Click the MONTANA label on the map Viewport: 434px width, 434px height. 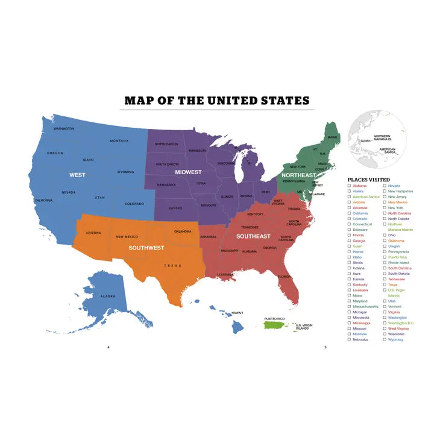tap(119, 141)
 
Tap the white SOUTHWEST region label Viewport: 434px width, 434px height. tap(146, 247)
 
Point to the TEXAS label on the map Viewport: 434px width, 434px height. tap(172, 265)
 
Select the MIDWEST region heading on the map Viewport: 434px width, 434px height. tap(188, 172)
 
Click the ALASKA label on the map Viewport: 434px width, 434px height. tap(107, 296)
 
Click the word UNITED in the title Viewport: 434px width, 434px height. tap(234, 101)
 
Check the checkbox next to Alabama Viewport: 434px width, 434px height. tap(349, 186)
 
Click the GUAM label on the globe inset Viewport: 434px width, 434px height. tap(365, 140)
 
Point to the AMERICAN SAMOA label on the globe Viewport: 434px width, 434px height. tap(387, 151)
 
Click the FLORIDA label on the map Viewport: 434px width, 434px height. tap(285, 277)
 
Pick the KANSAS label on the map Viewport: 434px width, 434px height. tap(175, 208)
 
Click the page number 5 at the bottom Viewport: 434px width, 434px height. tap(325, 347)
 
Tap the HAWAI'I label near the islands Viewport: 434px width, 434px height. tap(237, 313)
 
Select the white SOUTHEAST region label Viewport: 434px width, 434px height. tap(253, 236)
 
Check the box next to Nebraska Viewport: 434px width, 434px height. tap(349, 339)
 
